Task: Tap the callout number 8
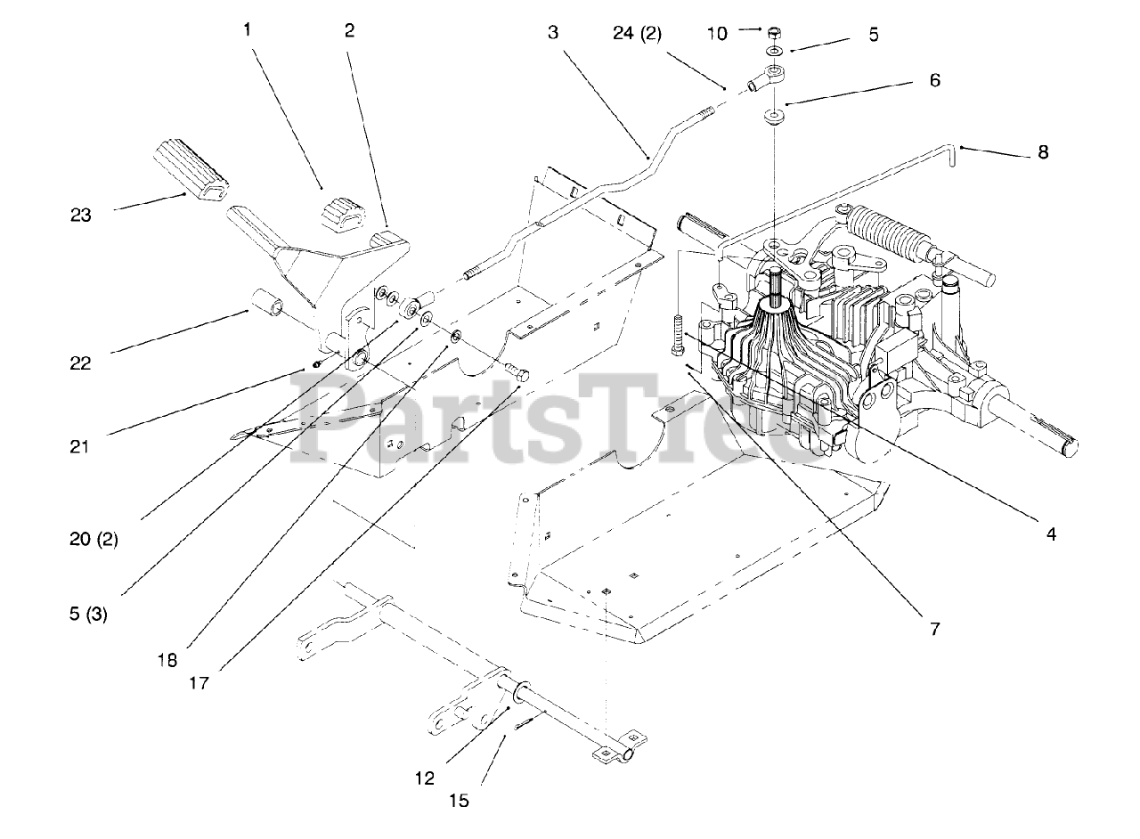1043,152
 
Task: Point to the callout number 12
425,778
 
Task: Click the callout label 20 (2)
93,539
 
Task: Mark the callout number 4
1051,534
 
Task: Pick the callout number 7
934,629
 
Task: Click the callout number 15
459,801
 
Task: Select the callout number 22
81,363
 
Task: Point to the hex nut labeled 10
774,34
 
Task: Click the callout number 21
81,445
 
